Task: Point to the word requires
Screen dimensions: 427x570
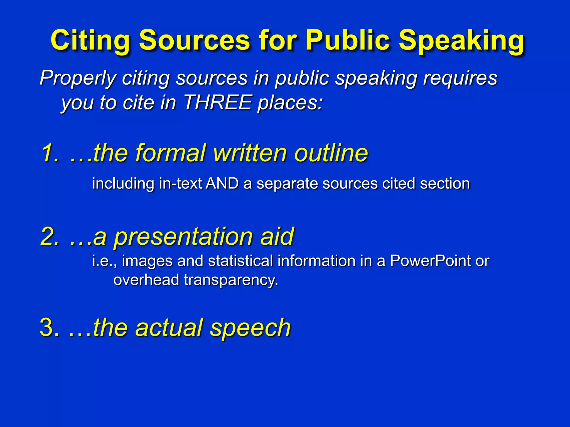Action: tap(460, 78)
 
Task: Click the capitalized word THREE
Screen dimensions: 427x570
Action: tap(218, 103)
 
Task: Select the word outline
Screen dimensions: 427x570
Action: tap(331, 153)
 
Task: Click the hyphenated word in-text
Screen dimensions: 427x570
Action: tap(180, 184)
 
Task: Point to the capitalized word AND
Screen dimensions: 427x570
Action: tap(222, 184)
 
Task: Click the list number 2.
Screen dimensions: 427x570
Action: tap(49, 236)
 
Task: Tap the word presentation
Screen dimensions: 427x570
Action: tap(184, 237)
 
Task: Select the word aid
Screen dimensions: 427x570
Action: tap(277, 236)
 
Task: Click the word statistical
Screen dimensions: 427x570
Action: tap(240, 261)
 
